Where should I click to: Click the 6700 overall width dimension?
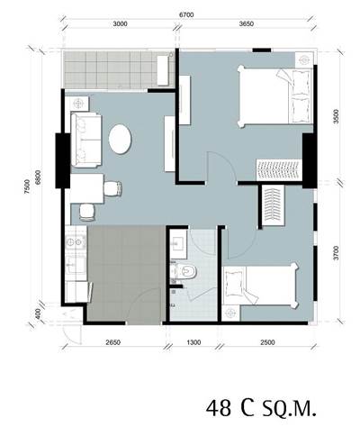186,15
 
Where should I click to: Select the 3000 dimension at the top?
120,24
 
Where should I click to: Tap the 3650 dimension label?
247,24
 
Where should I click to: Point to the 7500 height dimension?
27,186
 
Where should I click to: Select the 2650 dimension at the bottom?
113,342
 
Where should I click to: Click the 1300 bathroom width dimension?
193,342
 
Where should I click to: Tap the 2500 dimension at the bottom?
267,342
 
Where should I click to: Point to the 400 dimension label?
38,314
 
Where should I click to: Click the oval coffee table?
120,140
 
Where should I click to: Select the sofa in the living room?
85,140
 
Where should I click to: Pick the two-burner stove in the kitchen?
75,241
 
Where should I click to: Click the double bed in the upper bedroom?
274,96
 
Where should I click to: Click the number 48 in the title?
219,408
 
